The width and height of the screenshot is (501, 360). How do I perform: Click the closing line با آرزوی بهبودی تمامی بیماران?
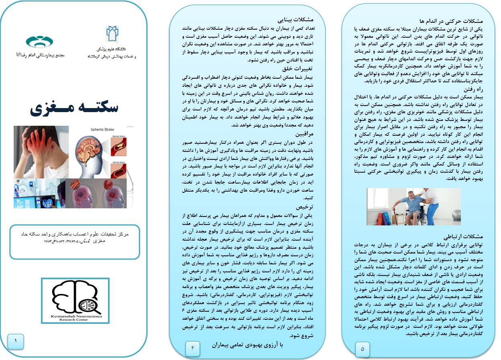click(x=248, y=344)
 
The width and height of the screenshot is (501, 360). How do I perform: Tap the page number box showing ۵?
click(x=363, y=348)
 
